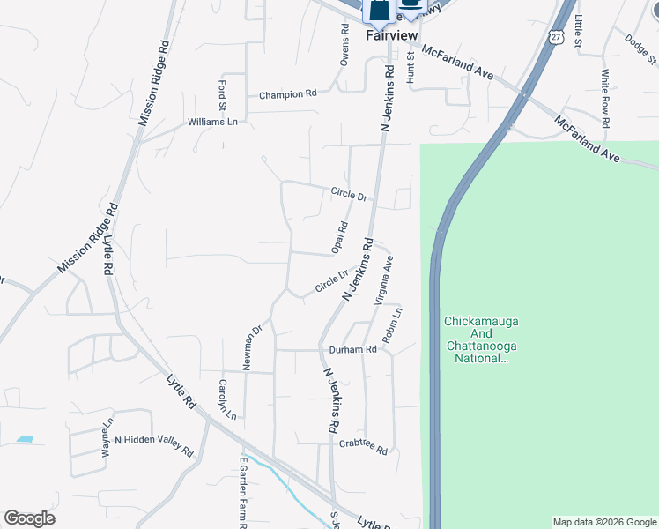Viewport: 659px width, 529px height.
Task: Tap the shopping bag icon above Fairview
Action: [379, 11]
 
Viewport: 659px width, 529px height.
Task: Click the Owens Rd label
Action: [345, 41]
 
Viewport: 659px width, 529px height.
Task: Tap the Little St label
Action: [579, 30]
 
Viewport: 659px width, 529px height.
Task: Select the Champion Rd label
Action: [287, 94]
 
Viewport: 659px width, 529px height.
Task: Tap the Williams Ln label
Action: [212, 122]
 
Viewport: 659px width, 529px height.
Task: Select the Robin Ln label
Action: [393, 325]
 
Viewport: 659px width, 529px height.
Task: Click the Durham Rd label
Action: [352, 349]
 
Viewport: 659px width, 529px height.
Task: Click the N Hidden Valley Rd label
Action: [153, 445]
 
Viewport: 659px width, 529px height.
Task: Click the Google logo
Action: [29, 518]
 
